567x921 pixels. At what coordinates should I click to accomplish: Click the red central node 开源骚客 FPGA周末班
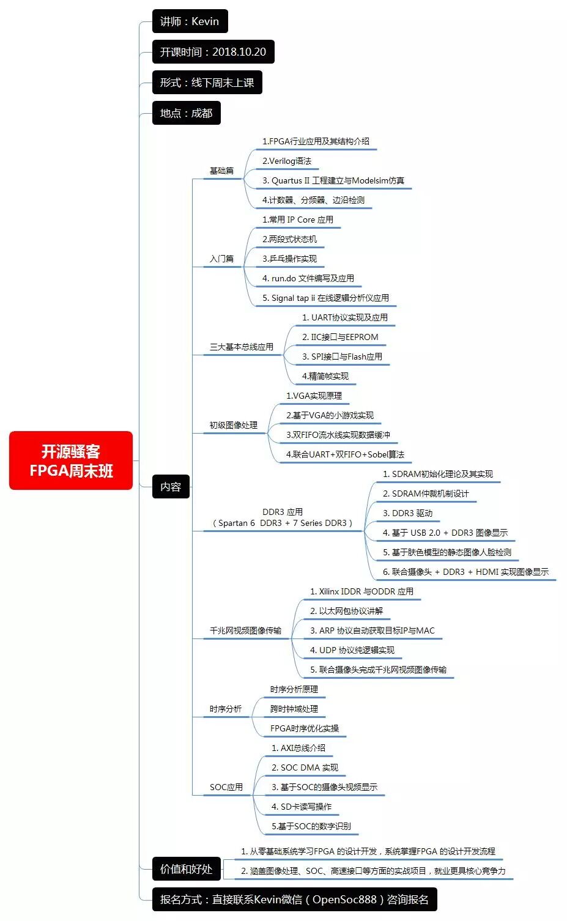71,460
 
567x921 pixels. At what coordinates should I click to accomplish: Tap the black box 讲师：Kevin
190,21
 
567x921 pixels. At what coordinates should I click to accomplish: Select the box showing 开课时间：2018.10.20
213,52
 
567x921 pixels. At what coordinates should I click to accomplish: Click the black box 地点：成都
186,113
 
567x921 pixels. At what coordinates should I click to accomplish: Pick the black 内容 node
171,487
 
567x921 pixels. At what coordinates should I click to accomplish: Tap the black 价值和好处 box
186,869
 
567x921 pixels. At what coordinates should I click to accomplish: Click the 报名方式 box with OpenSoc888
294,900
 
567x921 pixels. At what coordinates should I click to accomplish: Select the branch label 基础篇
221,171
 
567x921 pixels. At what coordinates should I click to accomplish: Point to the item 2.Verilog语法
287,161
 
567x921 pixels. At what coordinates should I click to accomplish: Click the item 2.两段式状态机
289,239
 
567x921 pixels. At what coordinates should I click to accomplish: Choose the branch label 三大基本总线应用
241,347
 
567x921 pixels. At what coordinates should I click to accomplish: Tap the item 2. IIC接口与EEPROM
340,337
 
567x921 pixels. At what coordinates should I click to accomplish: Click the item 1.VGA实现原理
314,396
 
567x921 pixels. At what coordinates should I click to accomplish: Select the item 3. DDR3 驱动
407,513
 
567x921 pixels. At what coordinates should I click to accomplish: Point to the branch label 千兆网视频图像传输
245,631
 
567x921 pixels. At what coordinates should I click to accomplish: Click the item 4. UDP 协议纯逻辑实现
352,650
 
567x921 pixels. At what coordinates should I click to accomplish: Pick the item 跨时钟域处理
294,709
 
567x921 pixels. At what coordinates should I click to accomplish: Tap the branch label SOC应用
226,787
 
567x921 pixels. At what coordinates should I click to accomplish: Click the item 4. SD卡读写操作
302,807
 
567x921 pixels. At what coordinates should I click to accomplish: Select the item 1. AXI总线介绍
298,748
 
